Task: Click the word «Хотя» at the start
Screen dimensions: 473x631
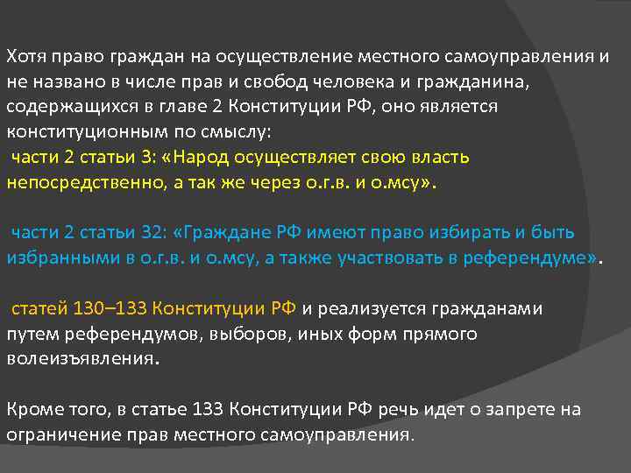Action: click(x=25, y=58)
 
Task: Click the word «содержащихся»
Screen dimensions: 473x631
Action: click(x=60, y=107)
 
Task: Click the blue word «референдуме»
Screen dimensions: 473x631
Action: click(x=524, y=258)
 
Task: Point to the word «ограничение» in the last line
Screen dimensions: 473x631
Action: click(x=59, y=434)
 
